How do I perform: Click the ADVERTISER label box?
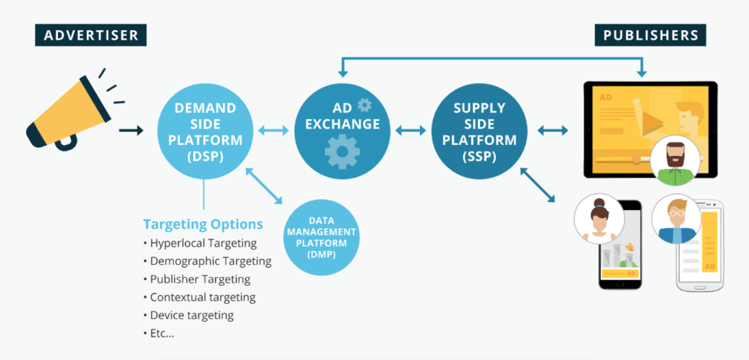click(91, 35)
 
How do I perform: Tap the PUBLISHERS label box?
click(650, 35)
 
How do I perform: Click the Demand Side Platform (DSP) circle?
click(205, 130)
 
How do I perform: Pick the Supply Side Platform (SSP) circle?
click(480, 130)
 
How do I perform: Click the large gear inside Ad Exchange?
click(342, 151)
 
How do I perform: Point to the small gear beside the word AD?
click(364, 105)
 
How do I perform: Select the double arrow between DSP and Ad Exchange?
click(274, 130)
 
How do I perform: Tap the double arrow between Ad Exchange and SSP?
click(410, 130)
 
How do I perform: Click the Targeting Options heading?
click(203, 224)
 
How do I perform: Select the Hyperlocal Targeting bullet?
click(200, 244)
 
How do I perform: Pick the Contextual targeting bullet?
click(199, 297)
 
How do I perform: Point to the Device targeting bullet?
click(188, 315)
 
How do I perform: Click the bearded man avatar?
click(675, 160)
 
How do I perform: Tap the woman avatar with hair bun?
click(599, 219)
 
